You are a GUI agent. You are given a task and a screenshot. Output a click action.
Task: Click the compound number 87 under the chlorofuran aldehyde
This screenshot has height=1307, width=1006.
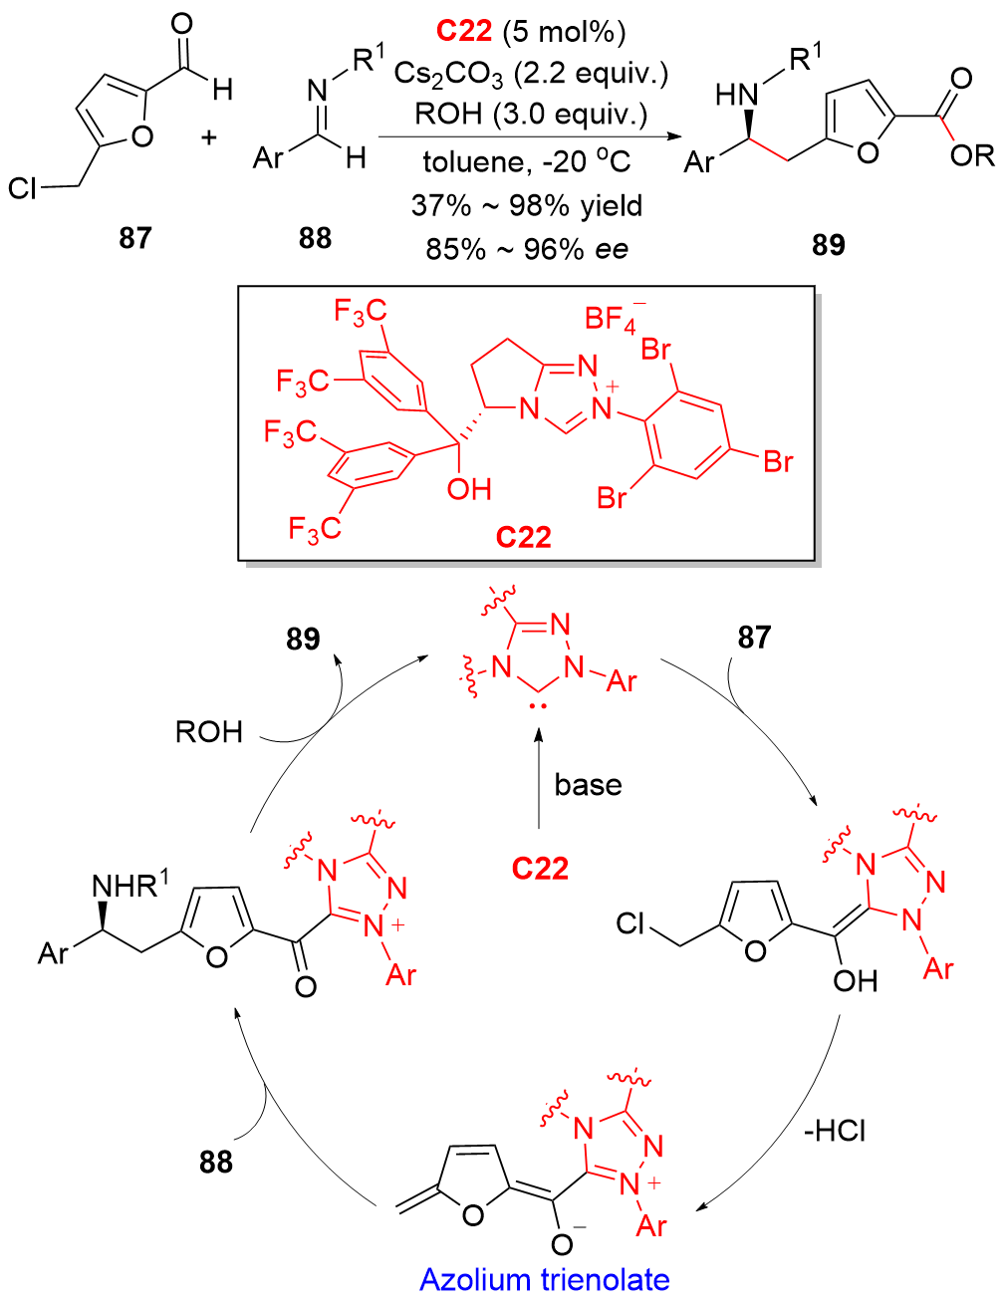pos(134,238)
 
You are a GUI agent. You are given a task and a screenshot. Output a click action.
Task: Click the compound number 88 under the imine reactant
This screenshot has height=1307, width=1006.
pos(315,238)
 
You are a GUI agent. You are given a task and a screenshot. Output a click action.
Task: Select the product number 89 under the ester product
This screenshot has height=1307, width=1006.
pos(828,244)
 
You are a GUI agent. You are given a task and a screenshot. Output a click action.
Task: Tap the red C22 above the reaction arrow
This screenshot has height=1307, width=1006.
pos(464,31)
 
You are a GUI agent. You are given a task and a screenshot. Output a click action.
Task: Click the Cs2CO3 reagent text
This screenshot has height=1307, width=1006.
pos(448,74)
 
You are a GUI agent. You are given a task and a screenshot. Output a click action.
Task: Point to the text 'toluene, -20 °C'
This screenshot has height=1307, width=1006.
pos(526,160)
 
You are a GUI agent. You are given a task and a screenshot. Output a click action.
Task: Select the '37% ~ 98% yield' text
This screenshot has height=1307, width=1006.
pos(526,205)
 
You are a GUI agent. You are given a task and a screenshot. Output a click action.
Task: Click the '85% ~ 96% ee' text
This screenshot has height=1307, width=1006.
pos(526,248)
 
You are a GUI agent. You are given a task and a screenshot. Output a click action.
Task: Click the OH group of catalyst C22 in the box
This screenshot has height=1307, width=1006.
pos(468,489)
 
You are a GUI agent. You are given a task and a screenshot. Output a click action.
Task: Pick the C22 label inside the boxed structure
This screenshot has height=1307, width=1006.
pos(523,537)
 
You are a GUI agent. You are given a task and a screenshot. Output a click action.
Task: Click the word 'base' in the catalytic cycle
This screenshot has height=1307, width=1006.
pos(588,785)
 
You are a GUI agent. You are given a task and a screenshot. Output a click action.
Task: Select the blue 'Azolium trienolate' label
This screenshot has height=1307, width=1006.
pos(544,1279)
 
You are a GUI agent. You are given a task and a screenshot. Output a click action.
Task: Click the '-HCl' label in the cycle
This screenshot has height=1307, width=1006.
pos(834,1132)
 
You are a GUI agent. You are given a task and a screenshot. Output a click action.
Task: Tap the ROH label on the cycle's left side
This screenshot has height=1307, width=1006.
pos(209,732)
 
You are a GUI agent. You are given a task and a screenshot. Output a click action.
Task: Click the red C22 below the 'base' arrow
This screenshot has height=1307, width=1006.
pos(540,868)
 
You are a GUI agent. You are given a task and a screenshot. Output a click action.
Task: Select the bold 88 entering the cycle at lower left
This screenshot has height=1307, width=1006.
pos(215,1162)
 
